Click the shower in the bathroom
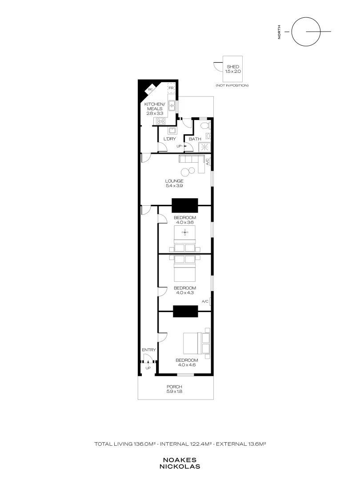pos(205,147)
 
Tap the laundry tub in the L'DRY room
pos(172,131)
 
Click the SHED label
pos(233,66)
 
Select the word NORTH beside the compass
pos(279,32)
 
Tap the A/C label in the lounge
pos(207,162)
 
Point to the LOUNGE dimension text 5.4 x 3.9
pos(174,185)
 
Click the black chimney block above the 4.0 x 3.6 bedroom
pos(184,205)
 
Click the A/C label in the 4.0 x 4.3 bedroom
pos(205,301)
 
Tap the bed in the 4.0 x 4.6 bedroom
pos(196,343)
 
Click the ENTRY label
pos(149,350)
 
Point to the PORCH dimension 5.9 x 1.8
pos(174,391)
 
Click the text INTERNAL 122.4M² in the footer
pos(186,444)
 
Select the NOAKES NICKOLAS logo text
pos(180,463)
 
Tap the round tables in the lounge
pos(188,172)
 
